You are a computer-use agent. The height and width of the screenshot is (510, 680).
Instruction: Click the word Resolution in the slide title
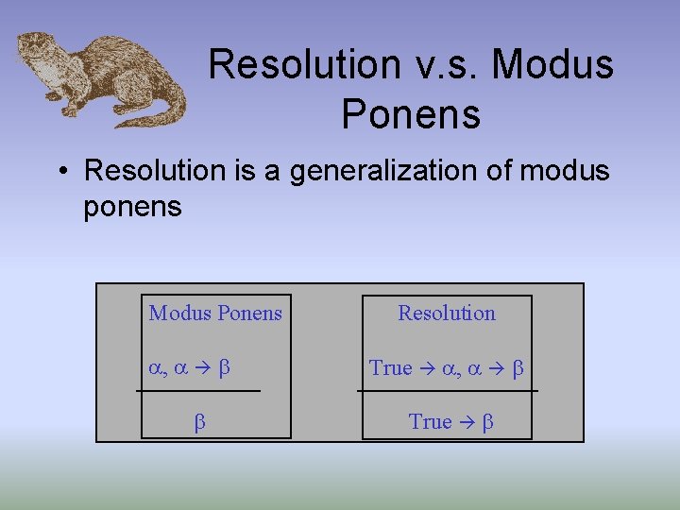292,64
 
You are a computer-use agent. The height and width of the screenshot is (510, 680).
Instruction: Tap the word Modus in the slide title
552,64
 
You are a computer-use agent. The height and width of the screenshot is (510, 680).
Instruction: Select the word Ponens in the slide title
411,114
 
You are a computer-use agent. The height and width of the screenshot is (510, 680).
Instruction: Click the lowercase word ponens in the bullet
132,206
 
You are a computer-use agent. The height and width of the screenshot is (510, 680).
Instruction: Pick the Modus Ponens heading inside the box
215,314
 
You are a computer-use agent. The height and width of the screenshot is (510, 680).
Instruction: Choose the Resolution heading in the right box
447,314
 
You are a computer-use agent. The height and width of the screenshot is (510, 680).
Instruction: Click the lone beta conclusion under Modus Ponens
199,422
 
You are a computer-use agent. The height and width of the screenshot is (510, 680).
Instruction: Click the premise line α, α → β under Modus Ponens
189,368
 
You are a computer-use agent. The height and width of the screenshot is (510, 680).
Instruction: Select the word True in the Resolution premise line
391,368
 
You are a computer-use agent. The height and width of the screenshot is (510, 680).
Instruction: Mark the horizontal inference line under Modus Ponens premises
198,390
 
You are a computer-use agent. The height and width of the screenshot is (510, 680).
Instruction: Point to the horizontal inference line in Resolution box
447,390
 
